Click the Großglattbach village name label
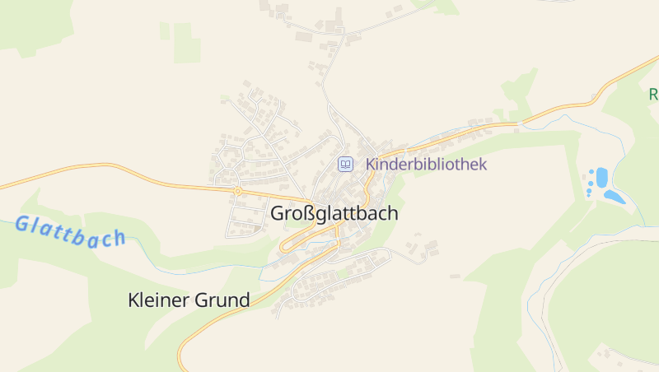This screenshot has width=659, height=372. pyautogui.click(x=334, y=213)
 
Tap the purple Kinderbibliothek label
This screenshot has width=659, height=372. pyautogui.click(x=426, y=164)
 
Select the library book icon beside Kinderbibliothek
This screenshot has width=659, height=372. pyautogui.click(x=346, y=164)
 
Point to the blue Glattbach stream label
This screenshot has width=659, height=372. pyautogui.click(x=70, y=231)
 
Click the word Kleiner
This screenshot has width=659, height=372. pyautogui.click(x=157, y=300)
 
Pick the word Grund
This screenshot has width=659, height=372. pyautogui.click(x=222, y=300)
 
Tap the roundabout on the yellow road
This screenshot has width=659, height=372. pyautogui.click(x=237, y=191)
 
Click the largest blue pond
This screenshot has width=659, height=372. pyautogui.click(x=601, y=176)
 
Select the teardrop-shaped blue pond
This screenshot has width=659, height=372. pyautogui.click(x=614, y=196)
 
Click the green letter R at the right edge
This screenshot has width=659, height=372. pyautogui.click(x=653, y=93)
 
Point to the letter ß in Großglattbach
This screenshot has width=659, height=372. pyautogui.click(x=307, y=213)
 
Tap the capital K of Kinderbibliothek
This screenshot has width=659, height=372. pyautogui.click(x=371, y=164)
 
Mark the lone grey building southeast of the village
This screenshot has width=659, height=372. pyautogui.click(x=454, y=276)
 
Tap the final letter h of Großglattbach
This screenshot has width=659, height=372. pyautogui.click(x=393, y=213)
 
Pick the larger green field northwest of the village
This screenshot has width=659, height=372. pyautogui.click(x=186, y=43)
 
